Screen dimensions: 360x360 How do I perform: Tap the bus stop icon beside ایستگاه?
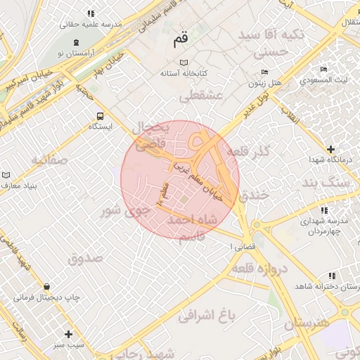click(x=99, y=115)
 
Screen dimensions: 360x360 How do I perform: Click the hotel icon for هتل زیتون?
click(x=264, y=72)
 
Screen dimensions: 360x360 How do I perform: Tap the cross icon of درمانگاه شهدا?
click(x=330, y=149)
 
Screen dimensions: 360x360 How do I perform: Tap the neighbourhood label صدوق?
click(x=85, y=257)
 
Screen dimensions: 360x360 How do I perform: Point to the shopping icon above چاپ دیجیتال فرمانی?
click(x=46, y=286)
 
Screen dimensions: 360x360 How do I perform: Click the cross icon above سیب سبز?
click(x=68, y=334)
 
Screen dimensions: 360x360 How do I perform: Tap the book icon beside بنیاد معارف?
click(x=6, y=174)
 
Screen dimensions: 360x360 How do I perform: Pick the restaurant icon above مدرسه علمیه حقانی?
click(x=90, y=13)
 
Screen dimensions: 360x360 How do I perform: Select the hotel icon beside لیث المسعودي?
click(x=323, y=69)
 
